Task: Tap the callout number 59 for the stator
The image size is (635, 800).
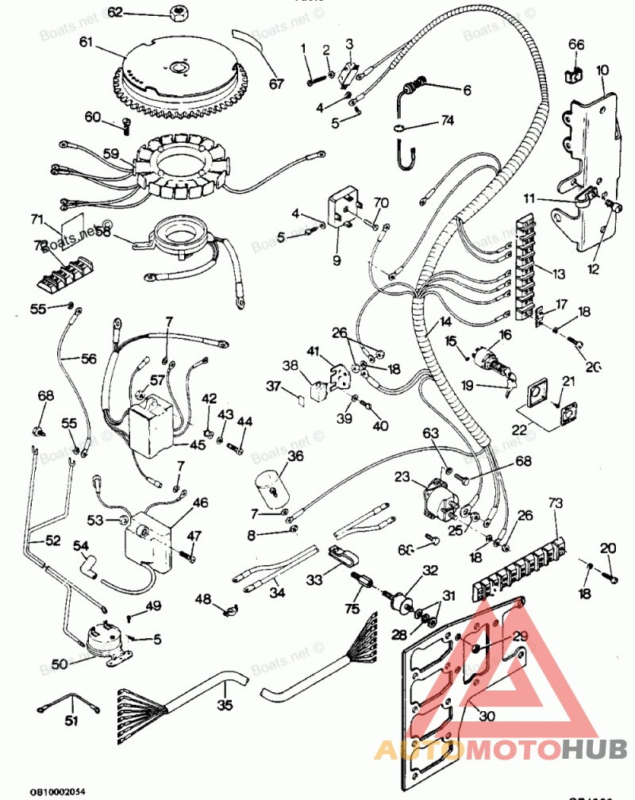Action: [110, 154]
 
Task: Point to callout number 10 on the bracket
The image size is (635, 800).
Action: [602, 71]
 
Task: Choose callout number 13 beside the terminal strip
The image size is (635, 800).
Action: [559, 274]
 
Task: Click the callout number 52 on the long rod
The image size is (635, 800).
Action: [52, 540]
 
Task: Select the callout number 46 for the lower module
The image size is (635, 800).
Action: [201, 502]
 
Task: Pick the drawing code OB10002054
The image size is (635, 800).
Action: [58, 791]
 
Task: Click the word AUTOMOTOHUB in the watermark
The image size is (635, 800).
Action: [500, 748]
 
